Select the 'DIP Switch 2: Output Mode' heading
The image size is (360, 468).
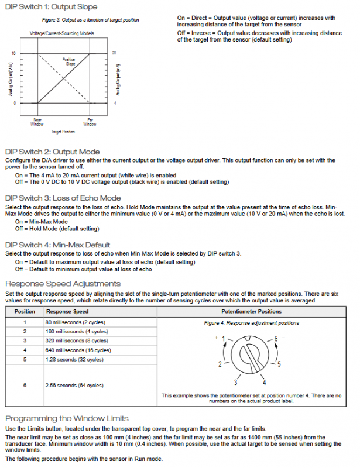[x=52, y=152]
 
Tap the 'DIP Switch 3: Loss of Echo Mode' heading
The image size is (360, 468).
[x=63, y=198]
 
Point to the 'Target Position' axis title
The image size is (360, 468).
[x=63, y=132]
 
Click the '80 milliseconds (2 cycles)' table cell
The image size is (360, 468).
[x=76, y=322]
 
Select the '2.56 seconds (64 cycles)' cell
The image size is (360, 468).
[x=74, y=386]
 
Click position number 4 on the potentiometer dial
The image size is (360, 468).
[x=265, y=382]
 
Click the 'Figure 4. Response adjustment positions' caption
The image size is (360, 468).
[x=251, y=323]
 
